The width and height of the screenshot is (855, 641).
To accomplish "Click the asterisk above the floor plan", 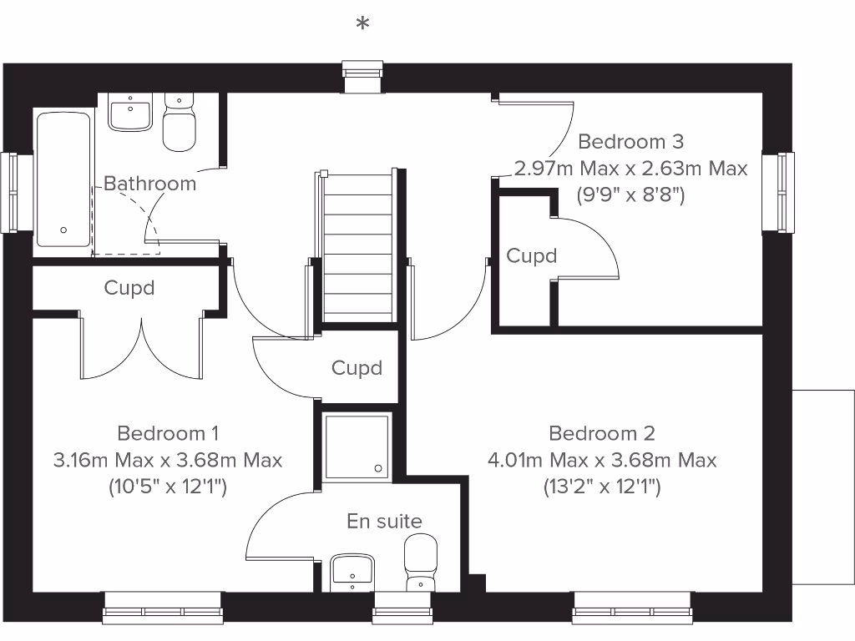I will tap(362, 24).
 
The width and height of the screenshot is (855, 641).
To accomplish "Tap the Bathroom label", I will tap(150, 184).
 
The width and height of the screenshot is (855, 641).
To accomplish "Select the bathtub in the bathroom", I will tap(63, 179).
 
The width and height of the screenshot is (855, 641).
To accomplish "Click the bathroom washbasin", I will tap(130, 113).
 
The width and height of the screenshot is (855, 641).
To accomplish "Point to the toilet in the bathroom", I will tap(179, 123).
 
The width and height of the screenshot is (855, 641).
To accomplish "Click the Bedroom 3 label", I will tap(630, 141).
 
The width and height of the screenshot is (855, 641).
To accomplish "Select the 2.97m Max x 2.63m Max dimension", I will tap(630, 168).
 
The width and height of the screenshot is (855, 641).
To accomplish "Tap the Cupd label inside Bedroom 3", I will tap(532, 255).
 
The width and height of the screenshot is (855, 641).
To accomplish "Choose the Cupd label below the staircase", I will tap(357, 368).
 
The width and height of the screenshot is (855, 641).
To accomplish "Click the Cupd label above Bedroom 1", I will tap(129, 288).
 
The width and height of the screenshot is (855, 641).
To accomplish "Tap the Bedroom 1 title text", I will tap(168, 433).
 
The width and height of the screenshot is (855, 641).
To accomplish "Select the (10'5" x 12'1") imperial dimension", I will tap(168, 486).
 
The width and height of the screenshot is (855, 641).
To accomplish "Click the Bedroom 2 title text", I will tap(601, 433).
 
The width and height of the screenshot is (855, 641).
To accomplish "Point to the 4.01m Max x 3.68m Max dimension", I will tap(601, 460).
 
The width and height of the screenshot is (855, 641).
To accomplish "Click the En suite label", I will tap(384, 522).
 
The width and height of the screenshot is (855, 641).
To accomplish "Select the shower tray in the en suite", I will tap(357, 447).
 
